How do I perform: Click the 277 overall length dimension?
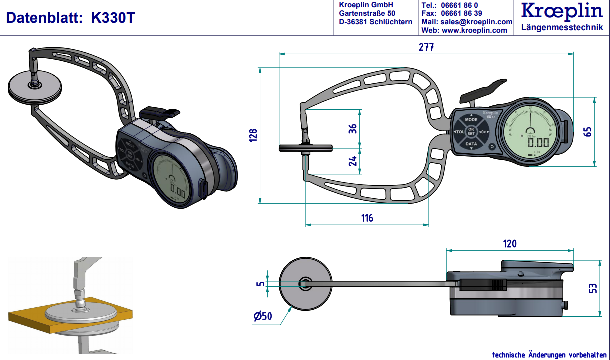coord(426,47)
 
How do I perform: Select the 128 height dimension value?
coord(254,135)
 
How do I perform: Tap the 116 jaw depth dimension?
coord(367,218)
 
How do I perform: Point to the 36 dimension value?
coord(353,128)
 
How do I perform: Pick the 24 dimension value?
coord(353,161)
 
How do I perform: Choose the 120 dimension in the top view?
coord(510,244)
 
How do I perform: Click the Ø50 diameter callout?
coord(262,316)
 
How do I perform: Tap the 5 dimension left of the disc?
coord(259,284)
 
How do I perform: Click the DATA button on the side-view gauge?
coord(471,144)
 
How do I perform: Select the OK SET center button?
coord(471,132)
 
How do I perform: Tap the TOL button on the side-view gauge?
coord(459,132)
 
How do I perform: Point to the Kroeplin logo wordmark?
coord(561,12)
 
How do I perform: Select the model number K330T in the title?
coord(113,19)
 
